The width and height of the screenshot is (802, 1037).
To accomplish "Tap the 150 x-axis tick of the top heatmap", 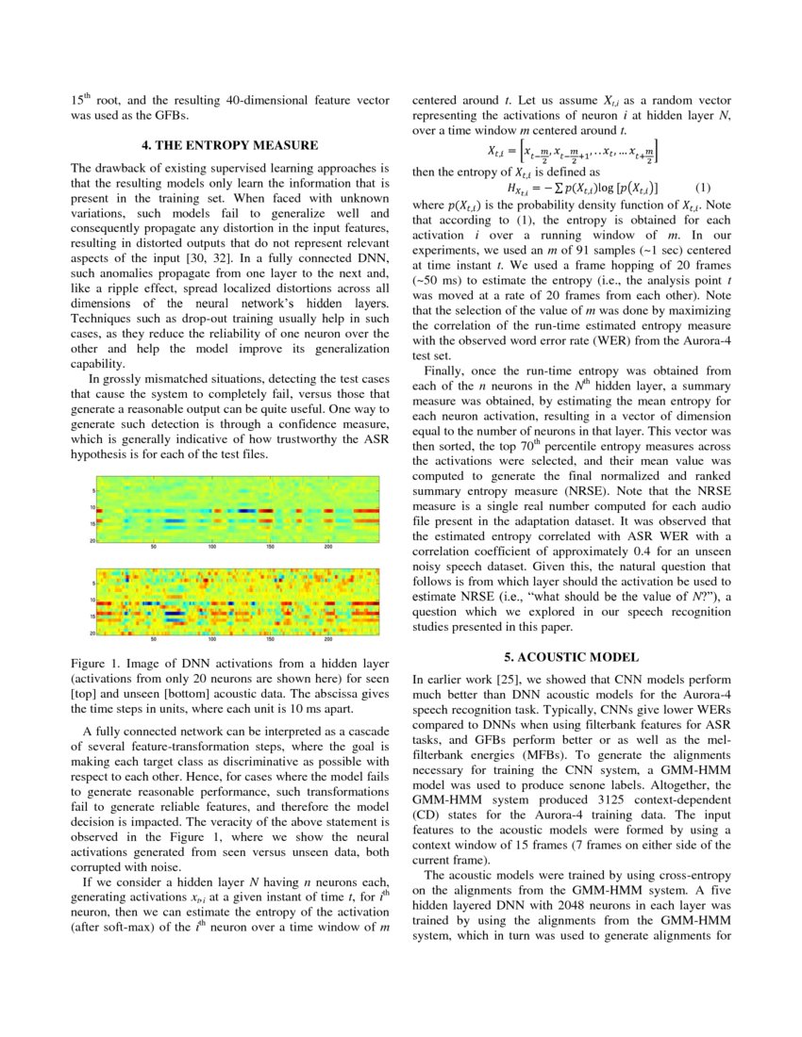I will point(270,548).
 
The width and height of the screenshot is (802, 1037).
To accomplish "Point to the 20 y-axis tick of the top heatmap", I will point(92,541).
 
